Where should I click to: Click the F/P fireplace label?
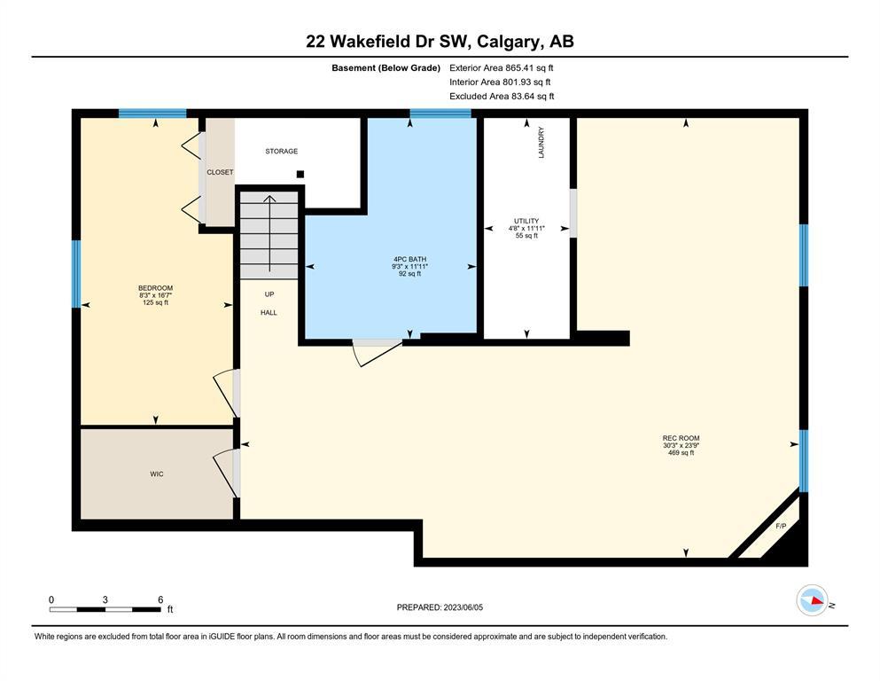pos(781,526)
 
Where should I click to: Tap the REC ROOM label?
pos(681,438)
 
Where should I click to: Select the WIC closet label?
pos(157,474)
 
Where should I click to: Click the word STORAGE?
pos(282,151)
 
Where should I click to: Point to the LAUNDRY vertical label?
pos(541,142)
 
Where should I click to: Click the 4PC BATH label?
pos(409,260)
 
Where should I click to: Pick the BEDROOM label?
pos(155,288)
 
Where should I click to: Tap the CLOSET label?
pos(220,172)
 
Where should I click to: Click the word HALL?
pos(269,313)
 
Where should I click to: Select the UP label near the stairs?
pos(269,294)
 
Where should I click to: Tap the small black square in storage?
pos(300,174)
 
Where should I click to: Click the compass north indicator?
pos(813,600)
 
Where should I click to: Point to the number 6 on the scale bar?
pos(160,599)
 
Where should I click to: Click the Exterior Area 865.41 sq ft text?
pos(502,68)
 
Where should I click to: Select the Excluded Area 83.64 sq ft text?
pos(502,96)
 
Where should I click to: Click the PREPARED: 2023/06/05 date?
pos(440,607)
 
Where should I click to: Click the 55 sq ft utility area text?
pos(526,236)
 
